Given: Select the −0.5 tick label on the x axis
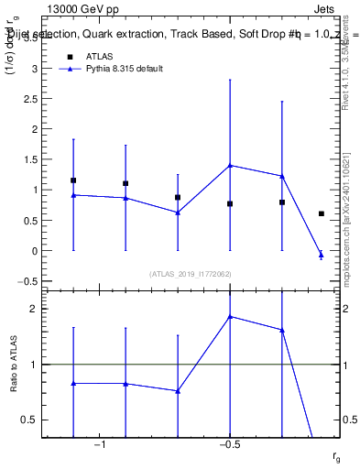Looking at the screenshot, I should [x=228, y=444].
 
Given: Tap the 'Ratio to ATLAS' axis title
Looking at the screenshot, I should [x=13, y=364].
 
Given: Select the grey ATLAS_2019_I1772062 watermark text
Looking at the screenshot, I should [x=191, y=273].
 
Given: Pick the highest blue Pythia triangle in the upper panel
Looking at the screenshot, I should [x=230, y=165].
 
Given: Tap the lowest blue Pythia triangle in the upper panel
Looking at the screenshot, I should [x=321, y=254].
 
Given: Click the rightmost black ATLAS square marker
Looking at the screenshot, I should [x=321, y=213].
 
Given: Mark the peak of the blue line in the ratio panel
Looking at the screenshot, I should [x=230, y=316].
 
